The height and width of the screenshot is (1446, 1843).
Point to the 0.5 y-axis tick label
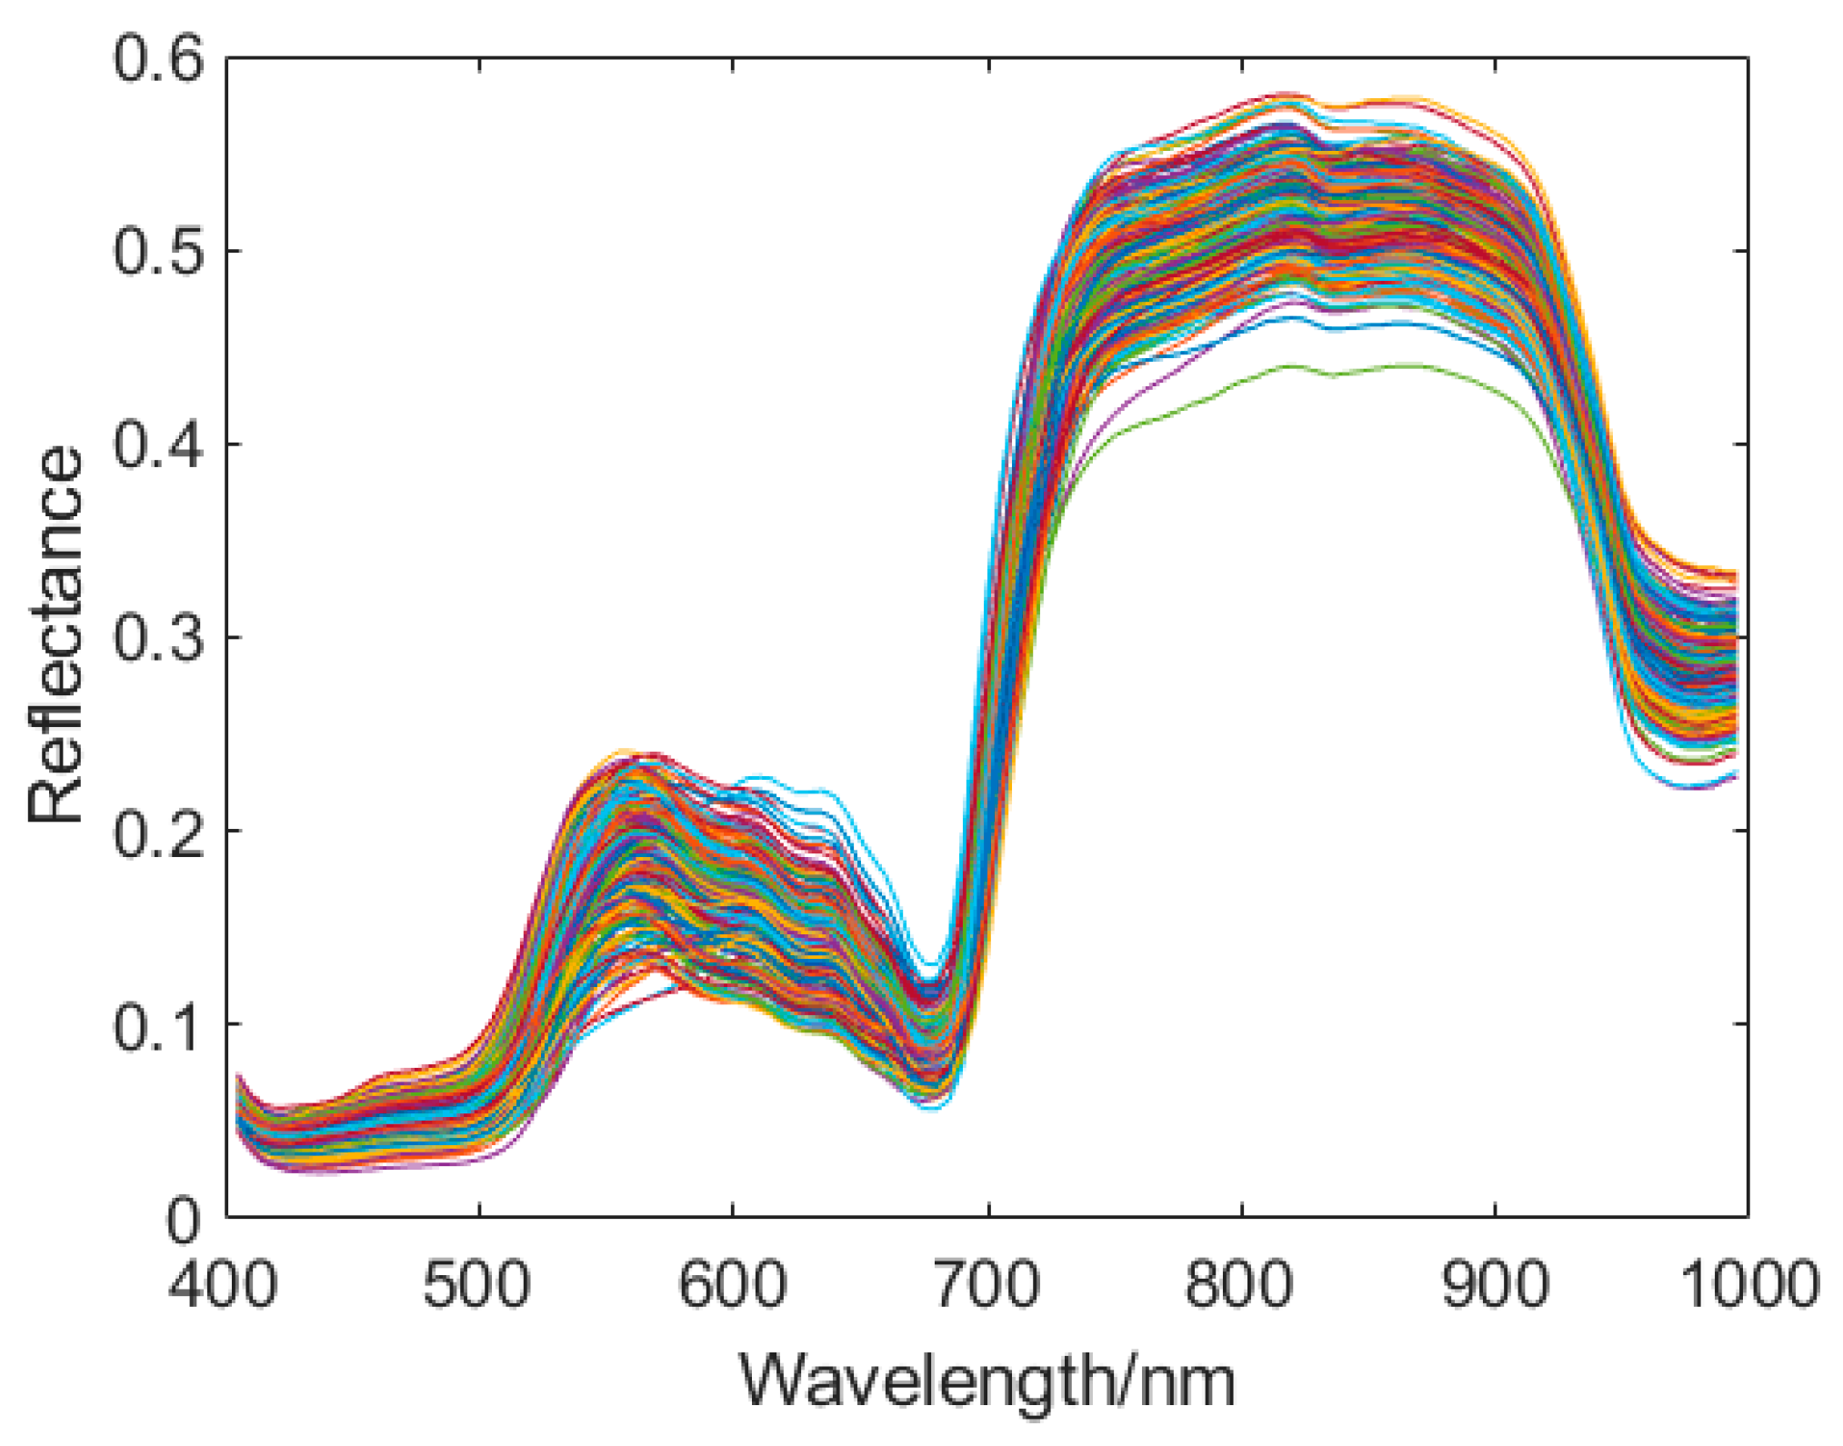coord(156,252)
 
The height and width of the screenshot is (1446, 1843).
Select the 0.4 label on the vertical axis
coord(156,445)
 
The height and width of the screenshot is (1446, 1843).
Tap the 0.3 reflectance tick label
coord(156,639)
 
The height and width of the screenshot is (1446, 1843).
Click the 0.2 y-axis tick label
coord(156,833)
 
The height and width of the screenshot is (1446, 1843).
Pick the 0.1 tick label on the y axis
coord(156,1026)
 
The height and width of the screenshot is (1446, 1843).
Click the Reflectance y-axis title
coord(55,636)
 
